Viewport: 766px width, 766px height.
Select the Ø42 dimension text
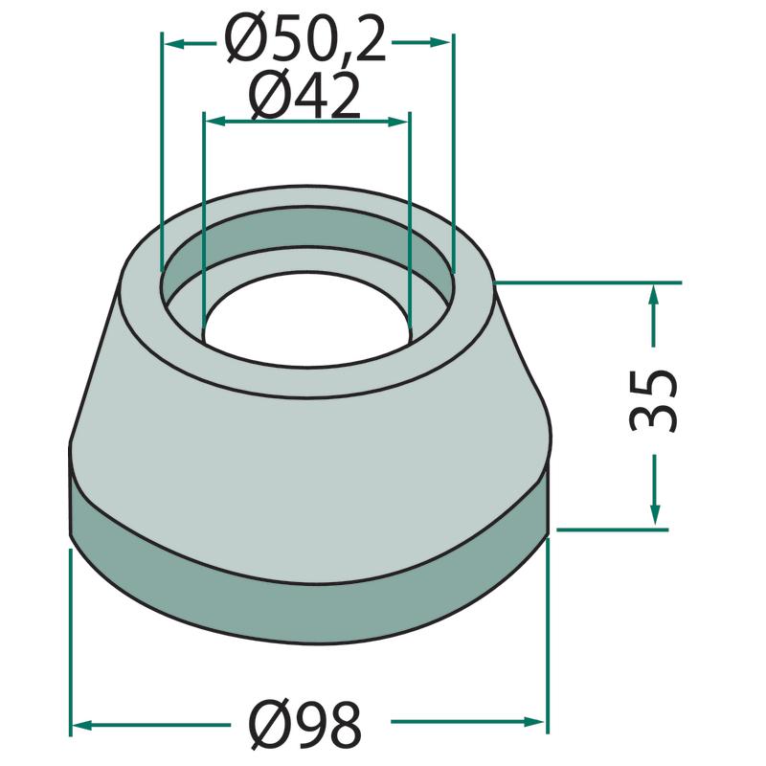[x=305, y=97]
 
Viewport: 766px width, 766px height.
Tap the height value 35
[x=654, y=400]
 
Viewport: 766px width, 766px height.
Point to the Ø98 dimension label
[x=305, y=725]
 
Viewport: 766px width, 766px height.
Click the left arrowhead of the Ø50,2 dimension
[x=174, y=44]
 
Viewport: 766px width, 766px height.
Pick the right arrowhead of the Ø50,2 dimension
[x=439, y=43]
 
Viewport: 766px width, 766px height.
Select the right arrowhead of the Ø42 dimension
[x=397, y=122]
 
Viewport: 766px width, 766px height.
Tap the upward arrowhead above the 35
[x=654, y=296]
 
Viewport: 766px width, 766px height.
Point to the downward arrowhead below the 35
[x=655, y=515]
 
